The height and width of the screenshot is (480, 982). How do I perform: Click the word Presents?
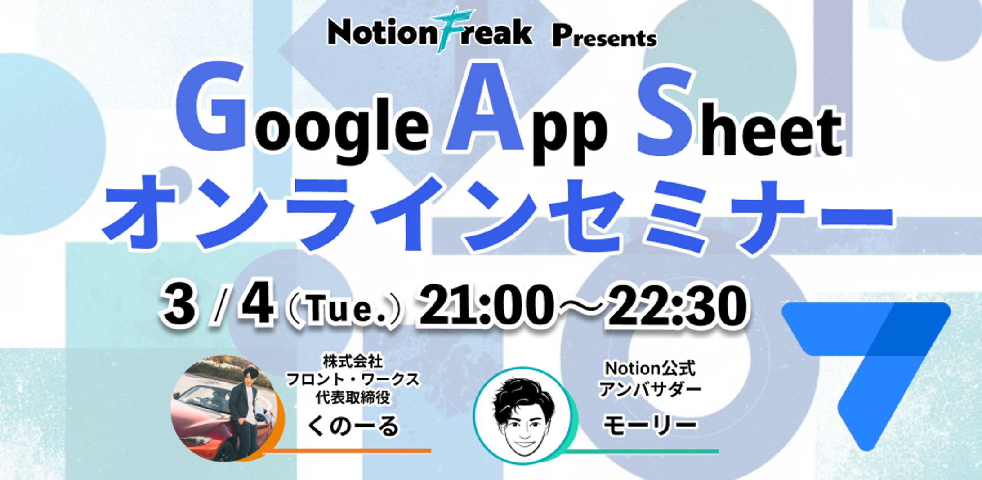(x=605, y=38)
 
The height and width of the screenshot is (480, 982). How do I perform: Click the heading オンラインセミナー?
(x=496, y=215)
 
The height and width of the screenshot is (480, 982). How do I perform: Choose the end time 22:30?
(x=674, y=306)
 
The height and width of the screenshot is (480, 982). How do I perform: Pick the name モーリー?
(x=649, y=424)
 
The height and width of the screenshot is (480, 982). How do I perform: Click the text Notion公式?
(x=650, y=369)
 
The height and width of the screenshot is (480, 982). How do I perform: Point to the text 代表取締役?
(x=353, y=398)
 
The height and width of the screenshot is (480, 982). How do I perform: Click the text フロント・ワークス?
(x=353, y=379)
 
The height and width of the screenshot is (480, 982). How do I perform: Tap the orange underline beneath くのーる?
(x=346, y=450)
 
